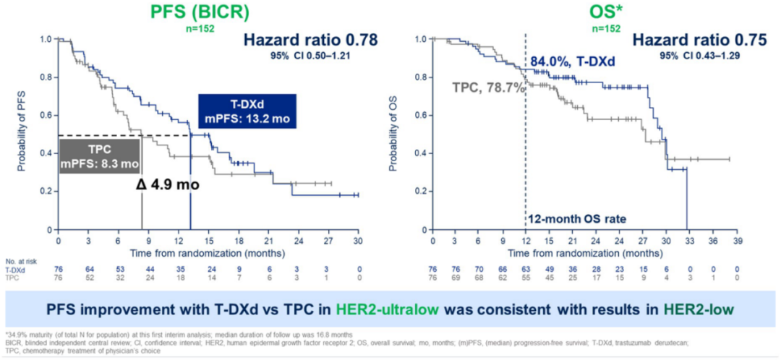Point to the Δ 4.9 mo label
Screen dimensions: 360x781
pos(168,184)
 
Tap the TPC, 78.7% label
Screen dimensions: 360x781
pos(485,87)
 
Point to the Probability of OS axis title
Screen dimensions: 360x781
pos(393,134)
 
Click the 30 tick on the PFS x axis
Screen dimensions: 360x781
pos(358,241)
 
